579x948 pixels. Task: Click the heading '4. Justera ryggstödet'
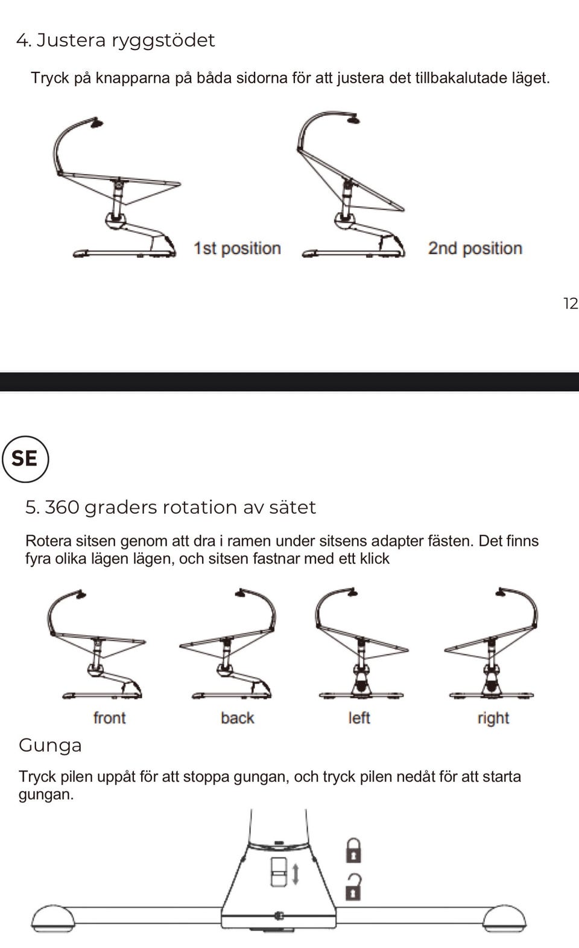(115, 41)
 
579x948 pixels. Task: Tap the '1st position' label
(237, 248)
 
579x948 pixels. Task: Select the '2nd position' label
(475, 248)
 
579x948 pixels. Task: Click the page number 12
(571, 304)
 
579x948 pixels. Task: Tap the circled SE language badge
(25, 459)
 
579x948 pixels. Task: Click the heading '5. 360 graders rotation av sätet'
(170, 507)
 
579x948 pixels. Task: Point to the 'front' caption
(109, 718)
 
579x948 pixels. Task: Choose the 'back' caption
(238, 718)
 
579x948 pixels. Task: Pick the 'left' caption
(359, 718)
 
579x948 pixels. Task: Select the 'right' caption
(493, 718)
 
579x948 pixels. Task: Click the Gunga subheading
(50, 746)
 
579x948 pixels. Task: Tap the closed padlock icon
(353, 851)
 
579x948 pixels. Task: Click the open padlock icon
(353, 887)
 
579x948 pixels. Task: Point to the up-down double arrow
(296, 874)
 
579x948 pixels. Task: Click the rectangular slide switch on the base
(279, 872)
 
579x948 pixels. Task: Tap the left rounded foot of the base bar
(53, 919)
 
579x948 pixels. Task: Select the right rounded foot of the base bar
(505, 919)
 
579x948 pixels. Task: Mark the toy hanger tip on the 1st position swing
(96, 123)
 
